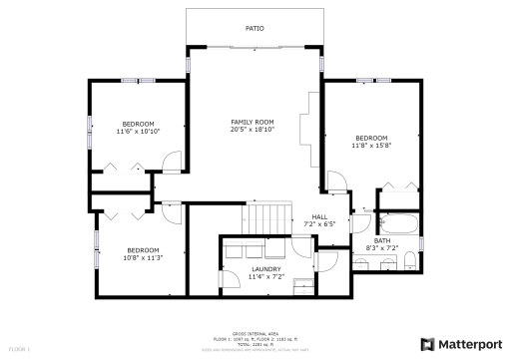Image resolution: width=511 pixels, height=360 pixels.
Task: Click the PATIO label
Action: pyautogui.click(x=255, y=29)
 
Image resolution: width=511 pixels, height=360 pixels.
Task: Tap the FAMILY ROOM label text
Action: pyautogui.click(x=252, y=122)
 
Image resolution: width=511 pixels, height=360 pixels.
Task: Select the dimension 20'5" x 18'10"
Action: pyautogui.click(x=252, y=130)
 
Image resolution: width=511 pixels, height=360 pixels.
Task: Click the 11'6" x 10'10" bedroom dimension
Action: pyautogui.click(x=138, y=131)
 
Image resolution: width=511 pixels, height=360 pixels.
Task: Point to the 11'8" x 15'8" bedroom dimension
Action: pyautogui.click(x=372, y=146)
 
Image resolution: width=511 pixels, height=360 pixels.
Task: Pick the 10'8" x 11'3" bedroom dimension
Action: pyautogui.click(x=143, y=257)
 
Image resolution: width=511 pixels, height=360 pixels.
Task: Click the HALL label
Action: pyautogui.click(x=319, y=216)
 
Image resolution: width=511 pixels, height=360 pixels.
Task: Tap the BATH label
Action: pyautogui.click(x=382, y=239)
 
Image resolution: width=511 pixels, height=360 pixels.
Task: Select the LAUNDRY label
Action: pyautogui.click(x=265, y=268)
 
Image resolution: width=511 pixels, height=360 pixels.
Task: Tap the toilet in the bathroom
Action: pyautogui.click(x=409, y=261)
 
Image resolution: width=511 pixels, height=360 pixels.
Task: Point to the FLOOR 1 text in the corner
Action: pyautogui.click(x=20, y=350)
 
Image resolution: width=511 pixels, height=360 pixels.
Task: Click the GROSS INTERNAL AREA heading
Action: pyautogui.click(x=255, y=334)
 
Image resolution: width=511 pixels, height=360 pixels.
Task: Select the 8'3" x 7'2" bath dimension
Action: pyautogui.click(x=382, y=247)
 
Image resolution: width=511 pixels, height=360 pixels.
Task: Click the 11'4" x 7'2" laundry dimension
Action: pyautogui.click(x=265, y=276)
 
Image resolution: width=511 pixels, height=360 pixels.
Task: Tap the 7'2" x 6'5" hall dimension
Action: pyautogui.click(x=319, y=224)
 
